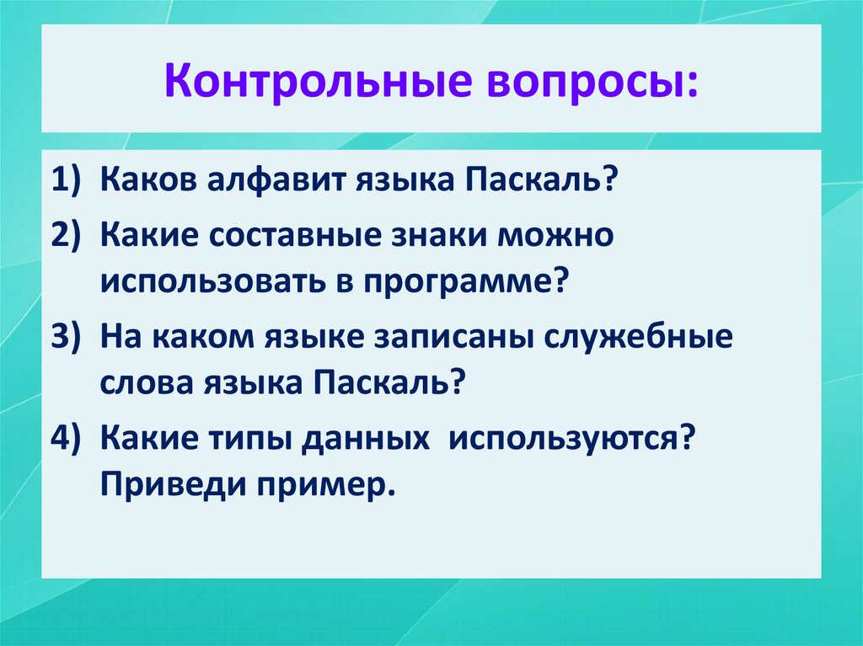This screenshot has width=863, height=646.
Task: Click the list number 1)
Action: pos(67,181)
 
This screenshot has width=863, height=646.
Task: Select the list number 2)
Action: pos(67,235)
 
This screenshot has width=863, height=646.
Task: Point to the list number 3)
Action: pos(67,336)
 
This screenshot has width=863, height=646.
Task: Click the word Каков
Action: pos(146,181)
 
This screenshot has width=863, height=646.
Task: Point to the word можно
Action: pos(557,235)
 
